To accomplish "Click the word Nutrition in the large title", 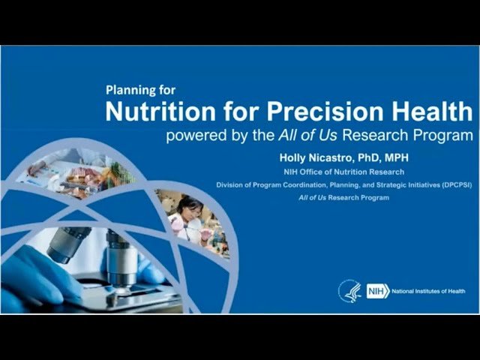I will (154, 112).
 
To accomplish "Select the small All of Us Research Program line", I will (332, 197).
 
